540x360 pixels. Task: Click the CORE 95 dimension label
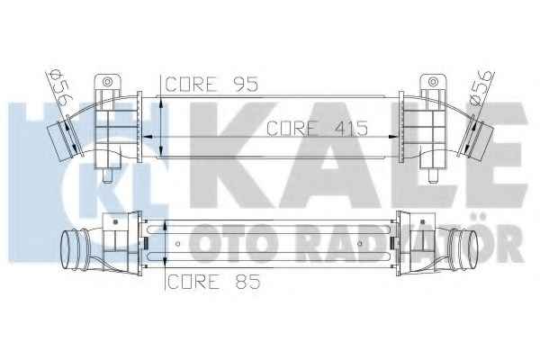pos(211,84)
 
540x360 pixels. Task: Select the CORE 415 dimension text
pos(317,128)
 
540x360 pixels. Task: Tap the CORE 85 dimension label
pos(213,282)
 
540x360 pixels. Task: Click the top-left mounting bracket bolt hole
pos(108,82)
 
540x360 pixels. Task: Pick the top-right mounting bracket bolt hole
pos(433,82)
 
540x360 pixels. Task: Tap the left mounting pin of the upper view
pos(107,176)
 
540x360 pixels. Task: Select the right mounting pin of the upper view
pos(433,176)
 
